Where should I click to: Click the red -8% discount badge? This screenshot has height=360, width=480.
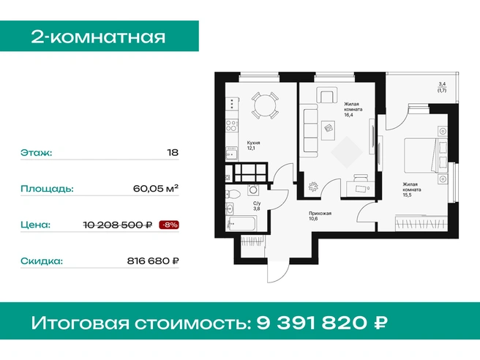coord(169,225)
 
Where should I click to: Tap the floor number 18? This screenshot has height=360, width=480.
coord(173,152)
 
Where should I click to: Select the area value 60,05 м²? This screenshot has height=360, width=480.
coord(156,188)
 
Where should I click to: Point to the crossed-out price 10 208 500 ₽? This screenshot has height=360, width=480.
coord(118,225)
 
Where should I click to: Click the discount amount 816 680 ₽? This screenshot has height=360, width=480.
coord(153,260)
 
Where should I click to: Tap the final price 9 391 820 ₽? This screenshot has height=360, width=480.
coord(322,323)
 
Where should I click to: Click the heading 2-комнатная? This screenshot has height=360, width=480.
coord(98,37)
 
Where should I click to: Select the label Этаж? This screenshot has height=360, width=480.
coord(37,152)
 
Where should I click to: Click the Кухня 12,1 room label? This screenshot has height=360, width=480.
coord(253,146)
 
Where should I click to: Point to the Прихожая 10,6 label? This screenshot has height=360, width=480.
coord(320,216)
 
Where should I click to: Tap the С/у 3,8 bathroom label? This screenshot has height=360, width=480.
coord(257,206)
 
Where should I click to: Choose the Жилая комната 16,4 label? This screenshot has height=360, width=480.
coord(353,109)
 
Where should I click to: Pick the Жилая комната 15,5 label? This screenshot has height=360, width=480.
coord(411,190)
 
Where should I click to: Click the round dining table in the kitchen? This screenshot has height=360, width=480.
coord(265,105)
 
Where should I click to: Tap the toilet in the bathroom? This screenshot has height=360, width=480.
coord(233,194)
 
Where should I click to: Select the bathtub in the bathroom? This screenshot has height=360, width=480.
coord(241,223)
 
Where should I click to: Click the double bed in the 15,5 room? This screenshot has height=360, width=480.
coord(426,155)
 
